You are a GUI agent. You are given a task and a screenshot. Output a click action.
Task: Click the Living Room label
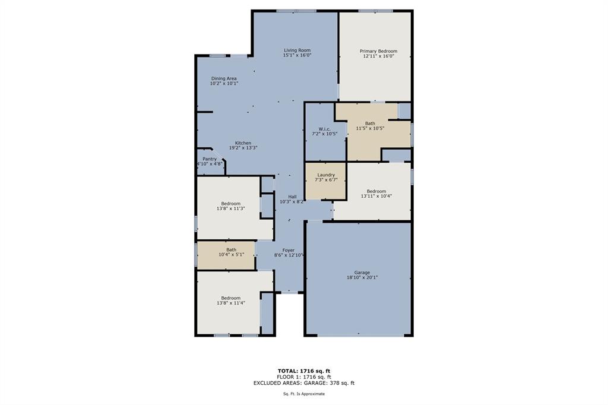297,50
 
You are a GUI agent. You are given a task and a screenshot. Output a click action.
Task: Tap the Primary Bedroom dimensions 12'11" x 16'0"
378,56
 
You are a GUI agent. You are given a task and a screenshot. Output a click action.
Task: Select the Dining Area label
224,78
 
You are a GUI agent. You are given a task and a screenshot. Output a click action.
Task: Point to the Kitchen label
243,143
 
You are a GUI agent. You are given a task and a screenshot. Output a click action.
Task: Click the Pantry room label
209,159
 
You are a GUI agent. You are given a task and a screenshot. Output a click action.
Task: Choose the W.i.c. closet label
324,129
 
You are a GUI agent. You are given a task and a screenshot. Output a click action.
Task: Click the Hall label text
292,197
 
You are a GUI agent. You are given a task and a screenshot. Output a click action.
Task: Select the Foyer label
288,250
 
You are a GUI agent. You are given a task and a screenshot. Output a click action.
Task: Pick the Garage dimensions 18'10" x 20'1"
362,277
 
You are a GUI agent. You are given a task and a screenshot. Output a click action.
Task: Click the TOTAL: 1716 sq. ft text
303,371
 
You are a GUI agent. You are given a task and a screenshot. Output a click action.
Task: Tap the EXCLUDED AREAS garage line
303,383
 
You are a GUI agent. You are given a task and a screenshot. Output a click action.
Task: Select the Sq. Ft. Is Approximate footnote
303,394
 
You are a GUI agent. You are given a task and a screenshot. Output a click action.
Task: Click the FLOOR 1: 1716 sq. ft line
303,377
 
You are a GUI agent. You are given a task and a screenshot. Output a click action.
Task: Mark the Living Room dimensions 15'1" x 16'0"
297,55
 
